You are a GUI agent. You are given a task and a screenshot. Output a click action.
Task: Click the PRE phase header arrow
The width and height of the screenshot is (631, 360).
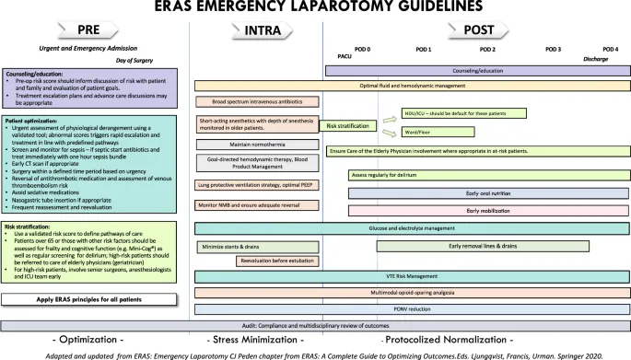(x=88, y=29)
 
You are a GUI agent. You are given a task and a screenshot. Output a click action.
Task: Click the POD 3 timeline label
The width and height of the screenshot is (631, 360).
(x=553, y=49)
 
